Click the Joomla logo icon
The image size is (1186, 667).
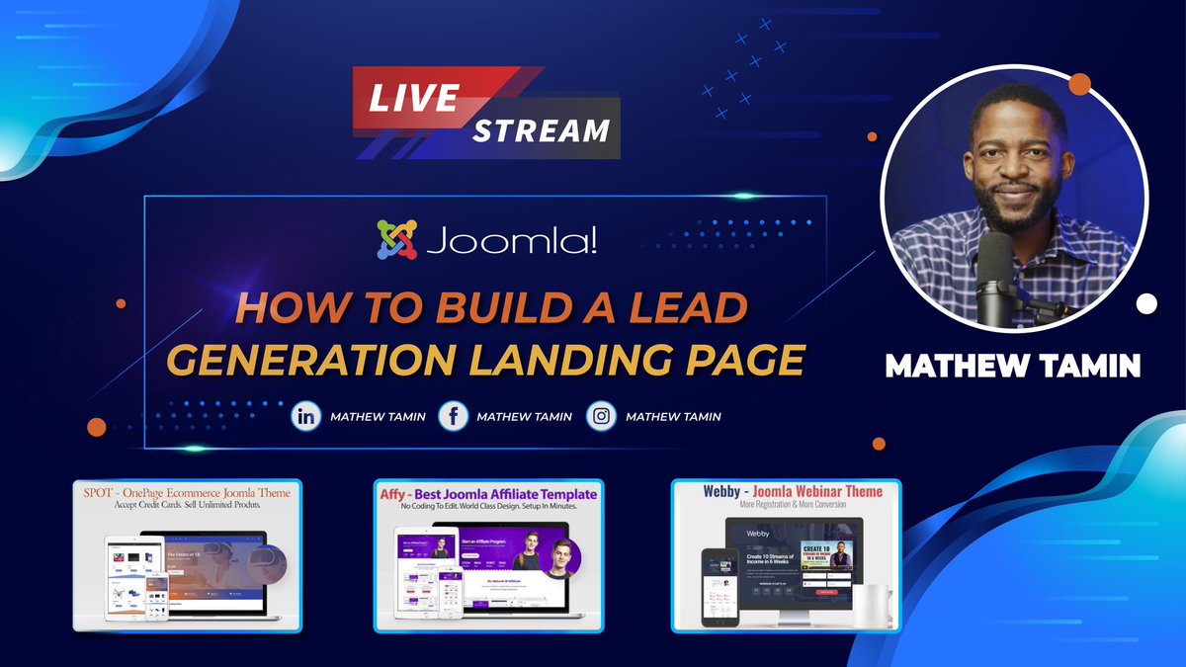395,240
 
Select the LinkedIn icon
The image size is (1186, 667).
306,416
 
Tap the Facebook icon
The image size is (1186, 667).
453,416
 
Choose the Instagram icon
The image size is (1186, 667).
601,416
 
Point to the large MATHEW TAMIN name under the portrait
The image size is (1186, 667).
1013,367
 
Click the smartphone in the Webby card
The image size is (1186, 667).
717,589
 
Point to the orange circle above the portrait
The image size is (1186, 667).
1079,83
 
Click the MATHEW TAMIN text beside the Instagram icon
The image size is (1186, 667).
673,417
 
